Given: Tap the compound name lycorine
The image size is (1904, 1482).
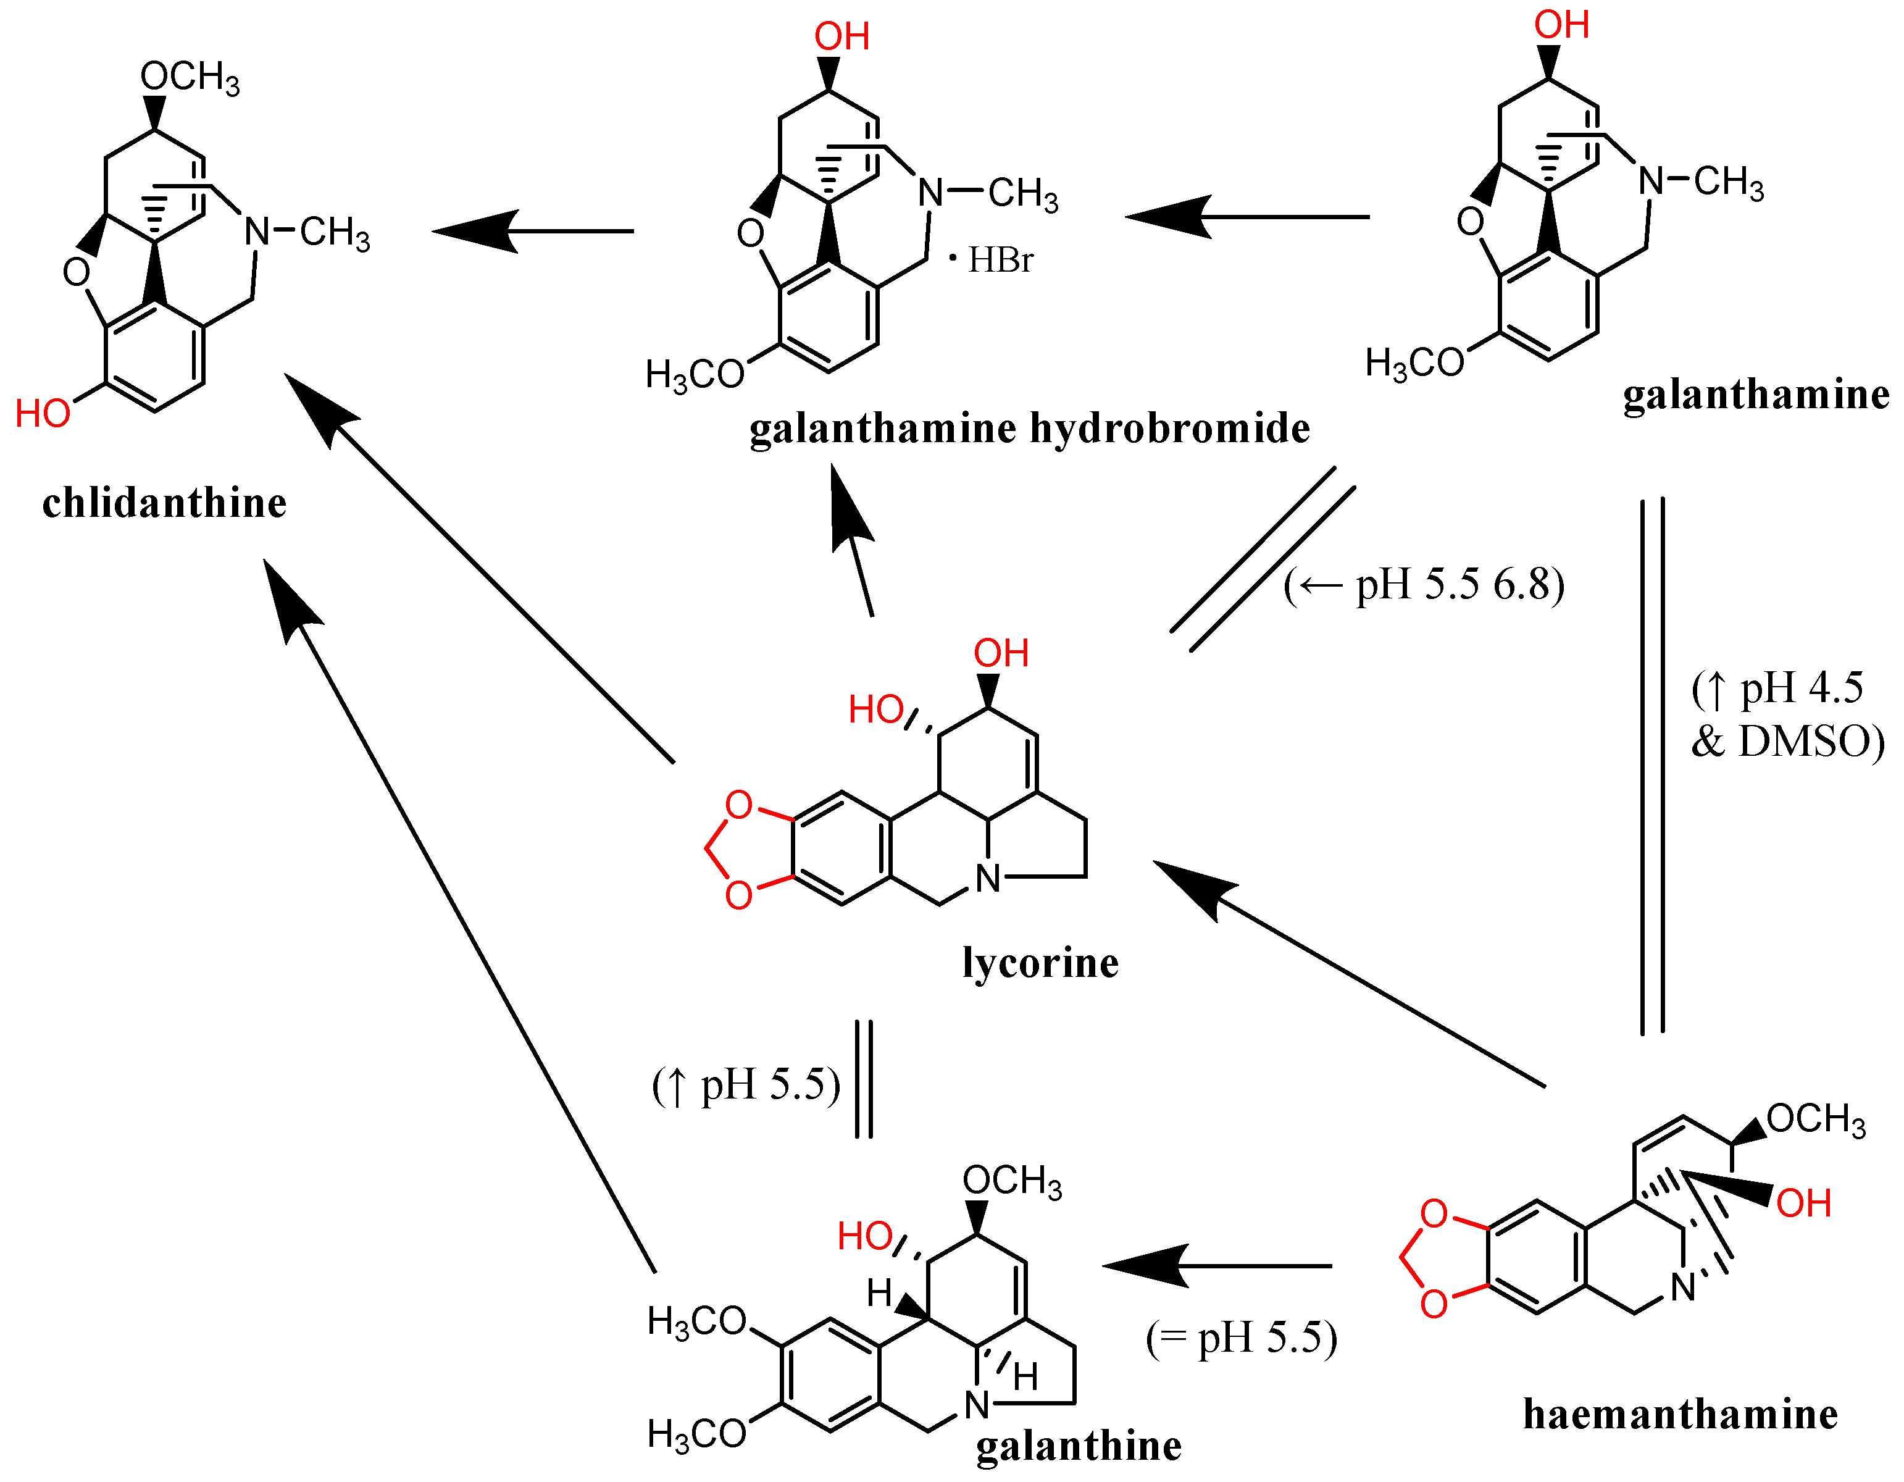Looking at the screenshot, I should pos(1040,963).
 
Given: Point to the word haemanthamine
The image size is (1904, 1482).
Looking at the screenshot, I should pos(1680,1414).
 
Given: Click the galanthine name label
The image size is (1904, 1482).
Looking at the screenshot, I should pos(1079,1446).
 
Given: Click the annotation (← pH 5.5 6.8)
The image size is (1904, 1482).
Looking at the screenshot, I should pos(1424,584).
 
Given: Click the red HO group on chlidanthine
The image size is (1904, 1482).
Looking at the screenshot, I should pos(43,413).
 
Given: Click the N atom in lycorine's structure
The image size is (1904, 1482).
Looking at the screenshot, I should pos(988,879).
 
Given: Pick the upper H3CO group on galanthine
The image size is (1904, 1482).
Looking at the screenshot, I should pos(696,1321).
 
